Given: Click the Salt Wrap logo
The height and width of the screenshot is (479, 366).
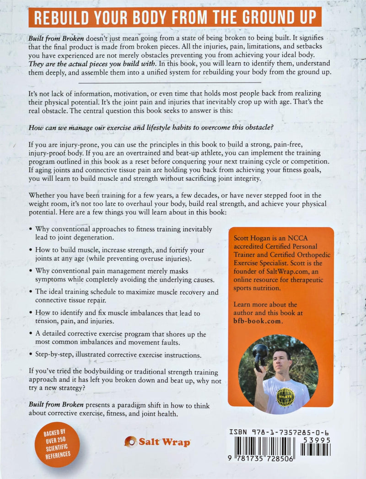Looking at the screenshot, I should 157,442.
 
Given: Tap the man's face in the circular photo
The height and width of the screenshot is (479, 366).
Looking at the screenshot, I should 280,360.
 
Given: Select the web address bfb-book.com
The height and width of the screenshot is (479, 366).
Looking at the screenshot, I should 256,321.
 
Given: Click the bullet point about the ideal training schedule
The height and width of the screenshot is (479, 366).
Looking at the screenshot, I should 124,296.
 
